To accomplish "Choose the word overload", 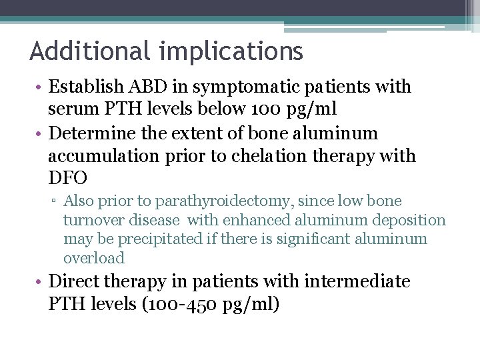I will (94, 258).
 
